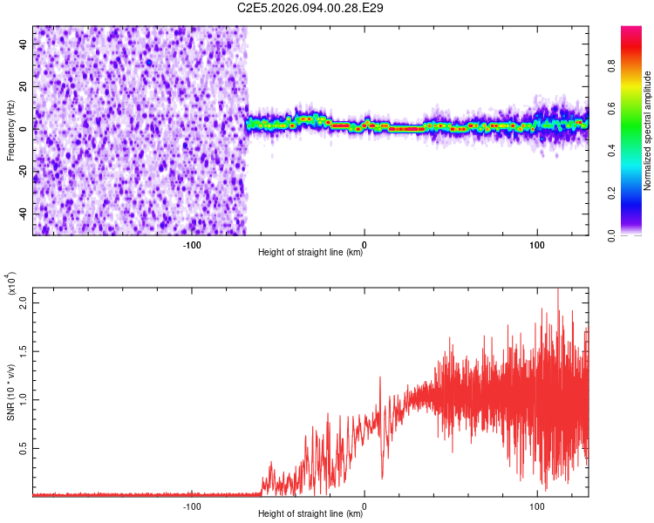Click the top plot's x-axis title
(311, 252)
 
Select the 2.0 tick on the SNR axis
(24, 302)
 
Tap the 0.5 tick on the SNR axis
(24, 449)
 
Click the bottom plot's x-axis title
(311, 513)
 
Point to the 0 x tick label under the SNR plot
(364, 505)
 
